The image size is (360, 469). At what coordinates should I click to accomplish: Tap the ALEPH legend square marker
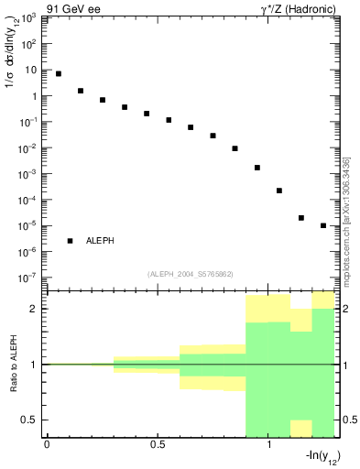coord(70,241)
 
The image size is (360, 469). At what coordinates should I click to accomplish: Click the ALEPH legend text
coord(103,241)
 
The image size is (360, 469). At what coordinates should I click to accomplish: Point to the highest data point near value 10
coord(59,73)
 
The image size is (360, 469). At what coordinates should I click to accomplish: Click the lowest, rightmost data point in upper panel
coord(323,225)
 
